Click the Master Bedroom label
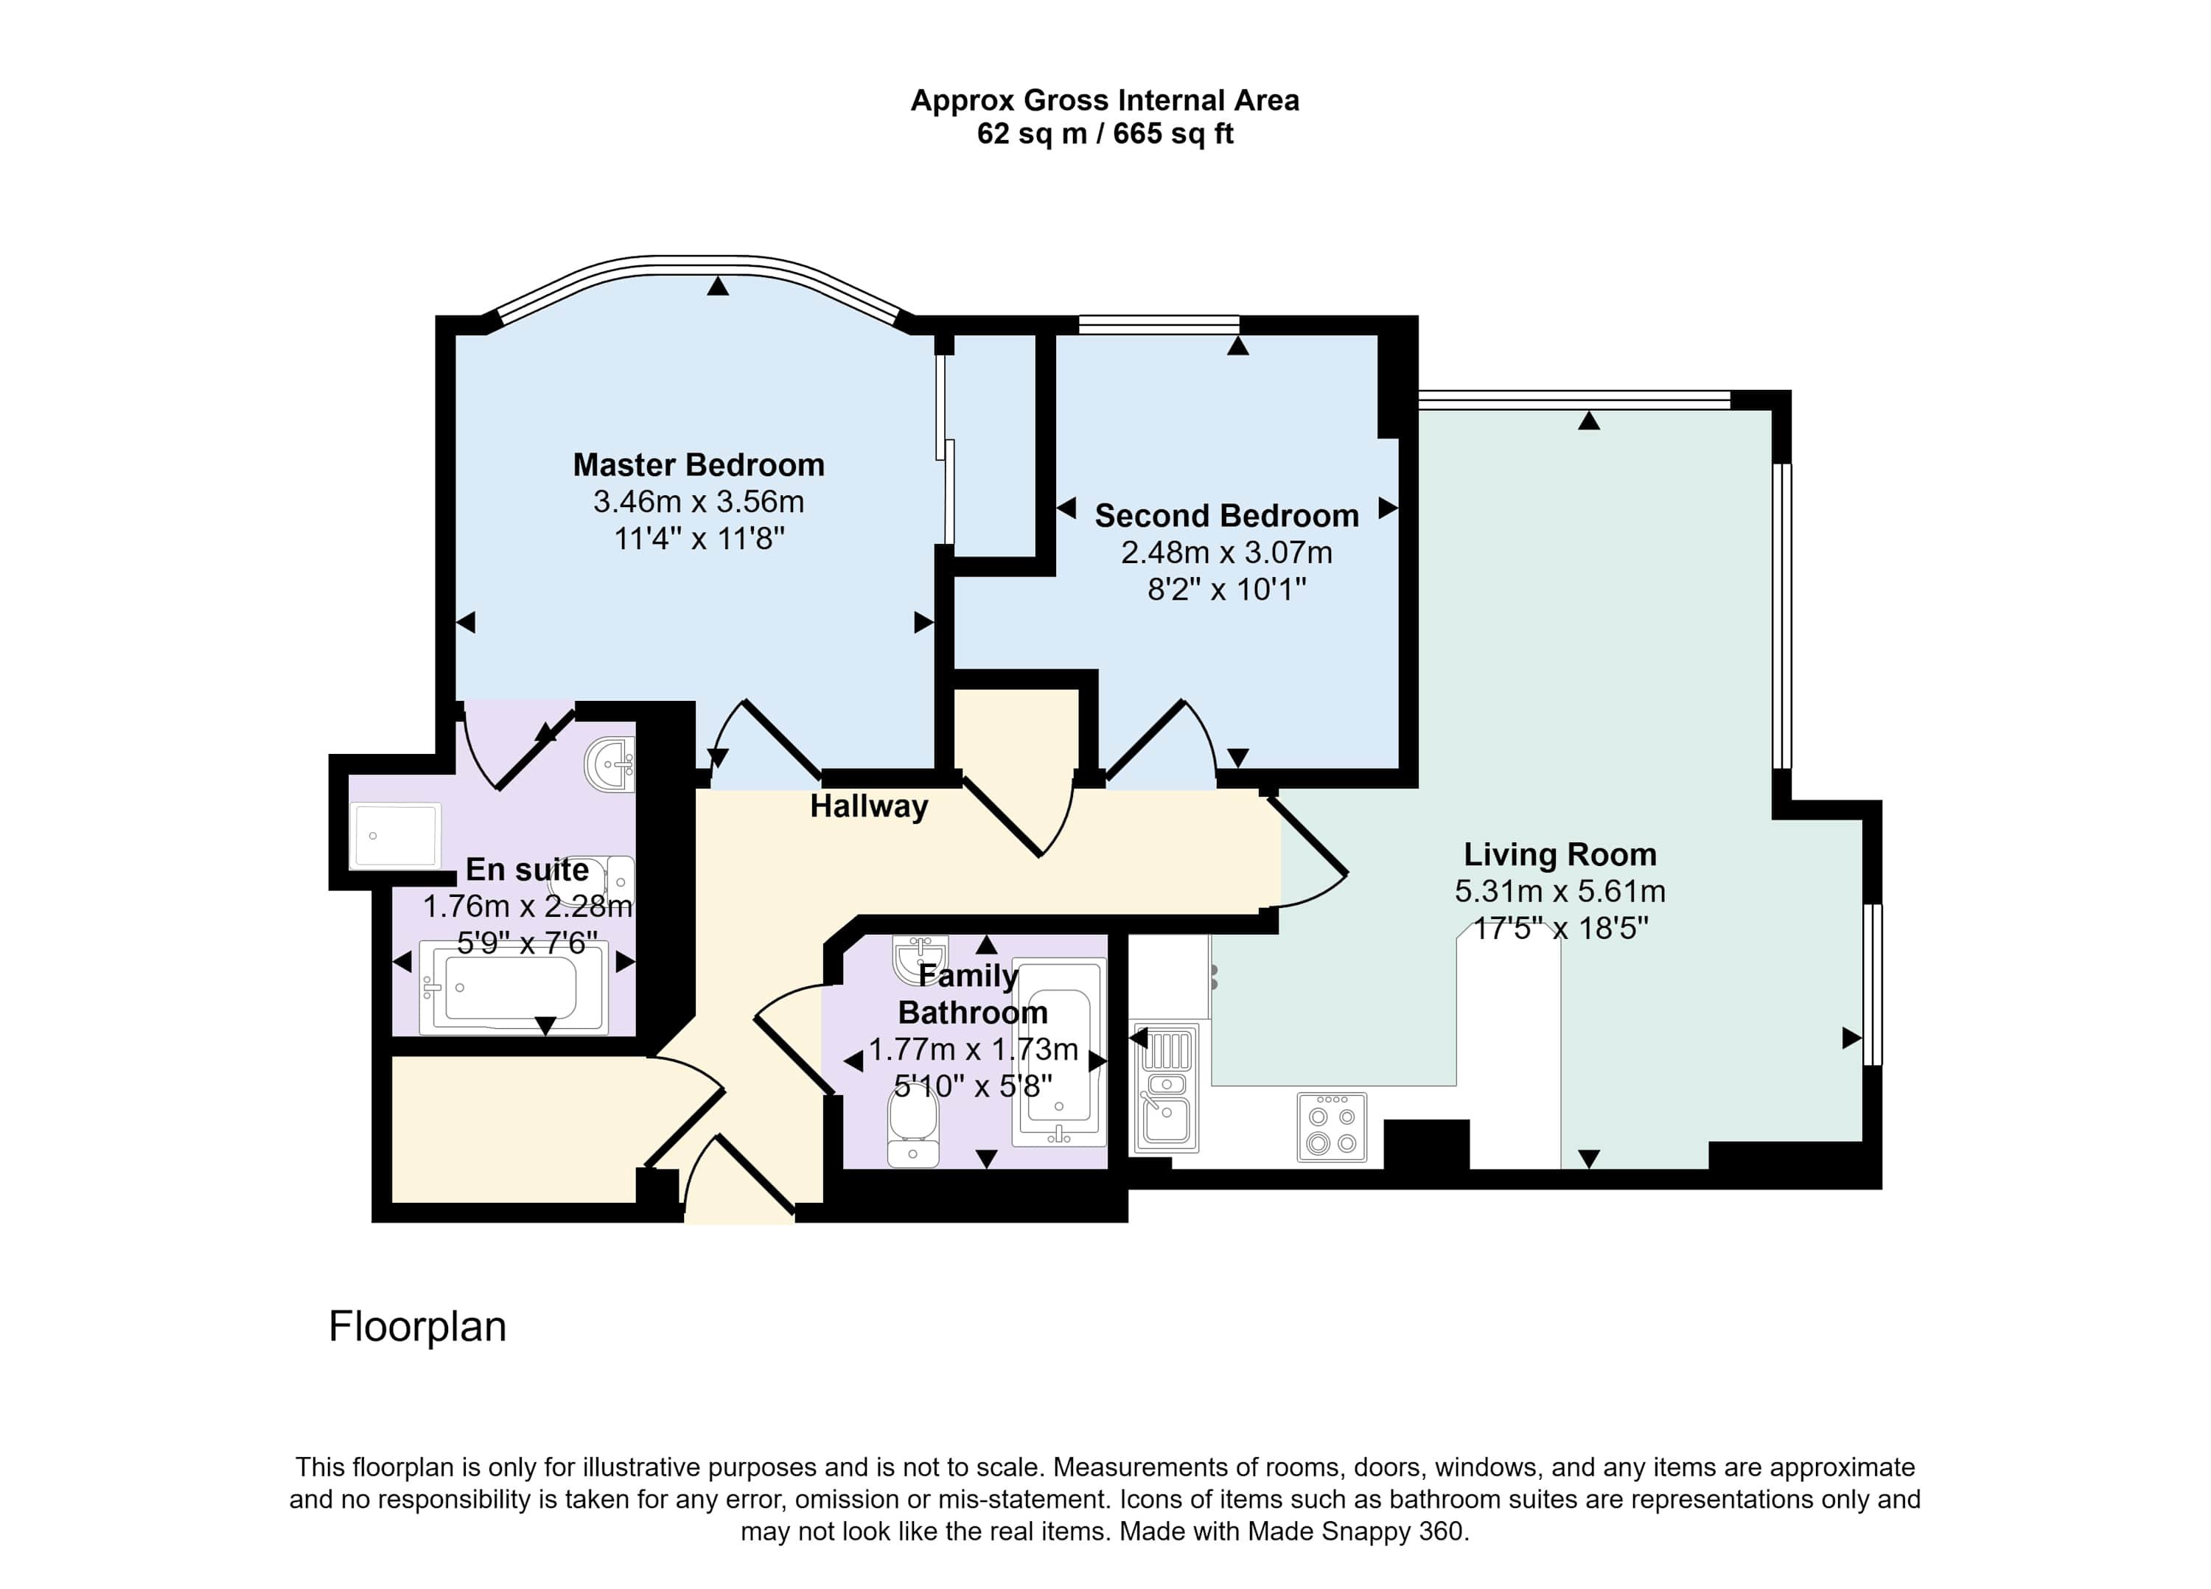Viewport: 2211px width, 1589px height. pos(698,465)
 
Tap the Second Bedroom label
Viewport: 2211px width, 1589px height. pos(1226,516)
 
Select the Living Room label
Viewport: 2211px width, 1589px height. pos(1559,855)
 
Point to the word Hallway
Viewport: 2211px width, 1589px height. pos(869,807)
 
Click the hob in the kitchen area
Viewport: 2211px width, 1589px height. pos(1332,1128)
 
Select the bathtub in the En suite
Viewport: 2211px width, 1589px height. pos(513,988)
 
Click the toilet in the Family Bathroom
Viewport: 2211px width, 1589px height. pos(913,1128)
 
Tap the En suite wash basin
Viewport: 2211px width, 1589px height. pos(610,765)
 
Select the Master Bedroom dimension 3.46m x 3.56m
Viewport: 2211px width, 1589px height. pos(698,502)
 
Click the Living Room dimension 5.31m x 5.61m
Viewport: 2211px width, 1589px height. pos(1559,892)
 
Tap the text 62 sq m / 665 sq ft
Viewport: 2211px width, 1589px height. pos(1105,133)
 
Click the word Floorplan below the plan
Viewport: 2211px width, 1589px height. pos(417,1327)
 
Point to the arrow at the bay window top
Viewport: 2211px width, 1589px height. pos(719,286)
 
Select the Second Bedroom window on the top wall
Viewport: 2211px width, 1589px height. pos(1159,324)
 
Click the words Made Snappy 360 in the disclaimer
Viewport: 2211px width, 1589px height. pos(1356,1531)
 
